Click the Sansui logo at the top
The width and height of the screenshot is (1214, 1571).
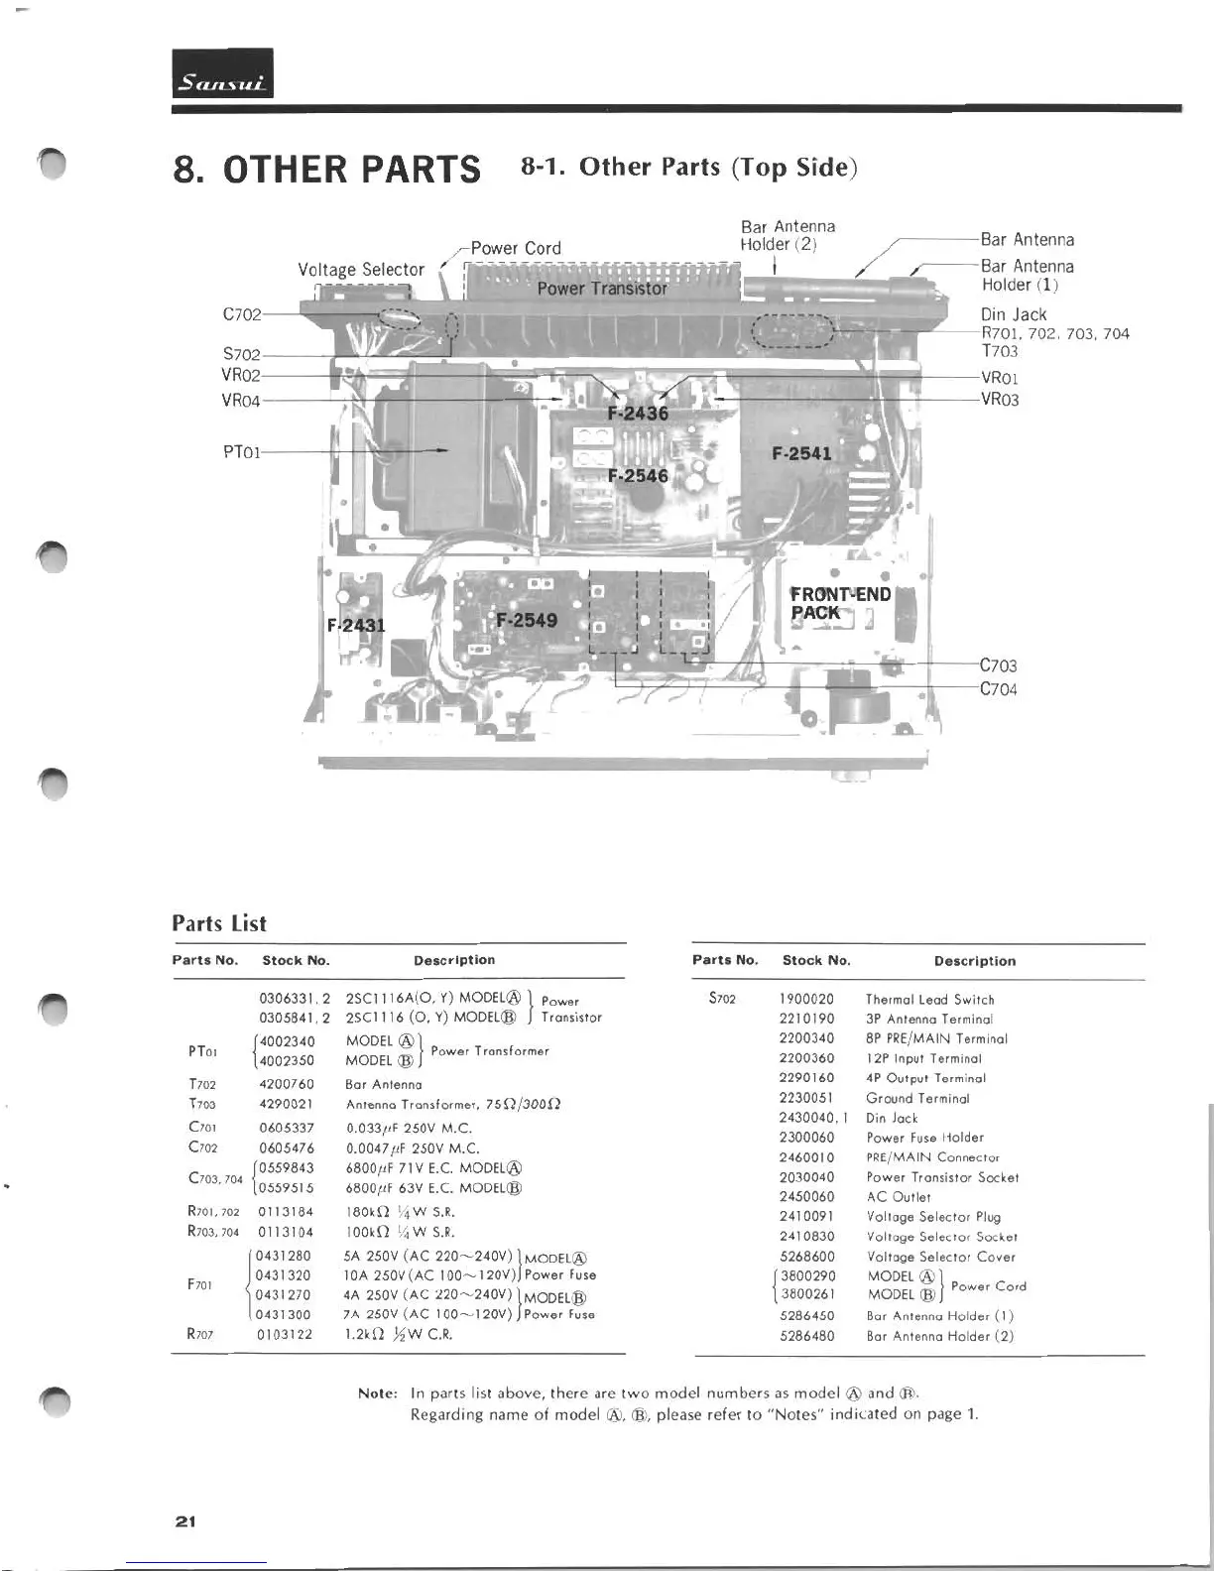pyautogui.click(x=222, y=75)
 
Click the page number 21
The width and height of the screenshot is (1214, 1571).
pyautogui.click(x=184, y=1520)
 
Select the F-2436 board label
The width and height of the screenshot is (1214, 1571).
pyautogui.click(x=638, y=413)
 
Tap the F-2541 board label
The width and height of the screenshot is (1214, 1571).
pyautogui.click(x=801, y=453)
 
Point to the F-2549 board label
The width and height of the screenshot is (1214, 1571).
pyautogui.click(x=527, y=620)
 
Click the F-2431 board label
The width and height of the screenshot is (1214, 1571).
pyautogui.click(x=356, y=625)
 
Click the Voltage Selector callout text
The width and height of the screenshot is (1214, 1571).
pyautogui.click(x=361, y=270)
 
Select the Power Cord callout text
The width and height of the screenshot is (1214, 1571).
pyautogui.click(x=515, y=248)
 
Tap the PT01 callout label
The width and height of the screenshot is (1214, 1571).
pyautogui.click(x=242, y=452)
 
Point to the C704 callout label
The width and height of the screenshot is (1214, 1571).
pyautogui.click(x=998, y=689)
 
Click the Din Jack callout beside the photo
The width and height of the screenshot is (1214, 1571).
pyautogui.click(x=1013, y=314)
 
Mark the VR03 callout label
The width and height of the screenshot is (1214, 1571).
pyautogui.click(x=999, y=400)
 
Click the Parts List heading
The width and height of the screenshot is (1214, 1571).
pyautogui.click(x=219, y=923)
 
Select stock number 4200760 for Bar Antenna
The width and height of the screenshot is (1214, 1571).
pyautogui.click(x=286, y=1084)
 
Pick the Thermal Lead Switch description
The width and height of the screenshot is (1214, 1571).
pyautogui.click(x=929, y=1000)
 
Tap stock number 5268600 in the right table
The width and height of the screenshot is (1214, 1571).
pyautogui.click(x=806, y=1257)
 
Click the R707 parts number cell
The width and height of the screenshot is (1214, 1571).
pyautogui.click(x=200, y=1334)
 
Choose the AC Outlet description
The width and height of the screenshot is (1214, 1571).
pyautogui.click(x=899, y=1197)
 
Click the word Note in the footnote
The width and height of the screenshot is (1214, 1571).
pyautogui.click(x=377, y=1393)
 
